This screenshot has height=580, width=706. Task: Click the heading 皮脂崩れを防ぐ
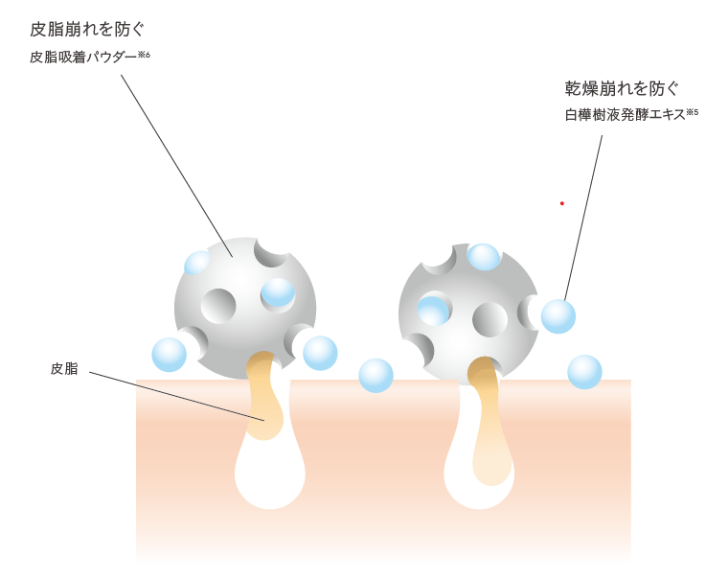pyautogui.click(x=87, y=30)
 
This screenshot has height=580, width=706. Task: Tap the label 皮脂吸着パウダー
pyautogui.click(x=82, y=58)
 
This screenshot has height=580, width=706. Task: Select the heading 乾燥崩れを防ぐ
pyautogui.click(x=622, y=89)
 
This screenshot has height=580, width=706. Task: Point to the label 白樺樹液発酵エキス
pyautogui.click(x=625, y=115)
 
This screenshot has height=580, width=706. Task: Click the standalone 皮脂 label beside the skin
pyautogui.click(x=64, y=368)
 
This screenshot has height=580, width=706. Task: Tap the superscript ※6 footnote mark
pyautogui.click(x=144, y=55)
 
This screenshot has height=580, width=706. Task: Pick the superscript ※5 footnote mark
pyautogui.click(x=692, y=112)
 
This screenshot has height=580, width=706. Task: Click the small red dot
pyautogui.click(x=562, y=203)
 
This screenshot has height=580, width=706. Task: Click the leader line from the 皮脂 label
pyautogui.click(x=176, y=396)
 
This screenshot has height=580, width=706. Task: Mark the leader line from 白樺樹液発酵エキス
pyautogui.click(x=583, y=217)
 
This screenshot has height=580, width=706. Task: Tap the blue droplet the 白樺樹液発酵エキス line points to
pyautogui.click(x=558, y=316)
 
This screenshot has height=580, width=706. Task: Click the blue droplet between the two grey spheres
pyautogui.click(x=376, y=375)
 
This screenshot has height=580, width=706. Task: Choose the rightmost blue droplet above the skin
pyautogui.click(x=584, y=372)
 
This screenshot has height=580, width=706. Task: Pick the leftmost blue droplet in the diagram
pyautogui.click(x=170, y=355)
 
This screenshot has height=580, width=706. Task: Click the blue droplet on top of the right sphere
pyautogui.click(x=484, y=256)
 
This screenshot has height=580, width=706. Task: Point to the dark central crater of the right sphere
pyautogui.click(x=490, y=319)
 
